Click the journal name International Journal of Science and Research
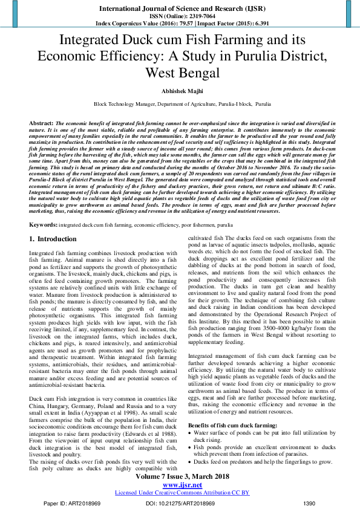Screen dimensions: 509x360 tap(180, 7)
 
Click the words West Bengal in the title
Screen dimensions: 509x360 tap(180, 73)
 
